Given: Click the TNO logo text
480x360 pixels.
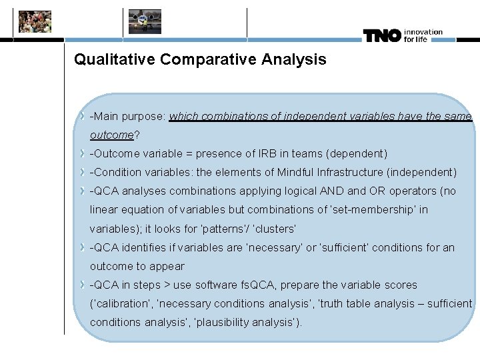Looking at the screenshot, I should coord(382,35).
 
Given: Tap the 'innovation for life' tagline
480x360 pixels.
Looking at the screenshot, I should coord(423,35).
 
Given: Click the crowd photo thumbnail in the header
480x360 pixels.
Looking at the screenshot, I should coord(35,21).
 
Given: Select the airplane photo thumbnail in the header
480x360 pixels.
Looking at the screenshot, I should coord(145,21).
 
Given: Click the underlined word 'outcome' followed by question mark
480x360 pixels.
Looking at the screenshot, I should coord(112,135).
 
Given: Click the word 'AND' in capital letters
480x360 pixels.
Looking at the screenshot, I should coord(331,191).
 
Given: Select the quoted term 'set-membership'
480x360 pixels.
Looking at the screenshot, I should coord(376,210).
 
